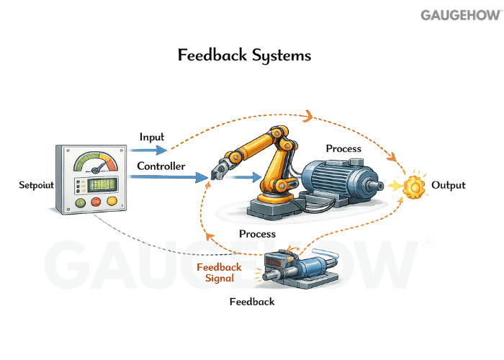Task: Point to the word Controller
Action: (x=161, y=166)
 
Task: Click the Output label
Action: (x=448, y=185)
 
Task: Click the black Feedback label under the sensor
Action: (x=251, y=302)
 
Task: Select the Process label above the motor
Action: (x=343, y=149)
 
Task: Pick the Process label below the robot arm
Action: (x=257, y=234)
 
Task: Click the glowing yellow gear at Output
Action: (x=414, y=187)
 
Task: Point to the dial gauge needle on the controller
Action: (x=91, y=161)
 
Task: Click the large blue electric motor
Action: (x=339, y=183)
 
